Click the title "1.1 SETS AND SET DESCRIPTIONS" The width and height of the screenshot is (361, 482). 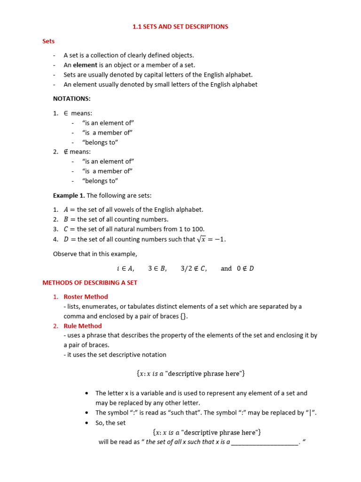[x=180, y=27]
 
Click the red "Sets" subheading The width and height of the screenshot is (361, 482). [x=48, y=41]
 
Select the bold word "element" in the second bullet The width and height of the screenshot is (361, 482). [x=85, y=65]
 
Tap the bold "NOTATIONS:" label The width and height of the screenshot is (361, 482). [x=71, y=99]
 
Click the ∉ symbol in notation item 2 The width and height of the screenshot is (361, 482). [x=66, y=152]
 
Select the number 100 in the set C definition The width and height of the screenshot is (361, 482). [x=198, y=229]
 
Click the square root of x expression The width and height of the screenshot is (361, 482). [x=202, y=239]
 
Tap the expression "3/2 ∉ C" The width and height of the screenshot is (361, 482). [x=194, y=268]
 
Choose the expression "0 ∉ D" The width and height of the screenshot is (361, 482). [x=245, y=268]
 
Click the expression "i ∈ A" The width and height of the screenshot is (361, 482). [x=126, y=268]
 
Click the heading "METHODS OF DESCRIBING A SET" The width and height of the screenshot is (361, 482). [x=90, y=283]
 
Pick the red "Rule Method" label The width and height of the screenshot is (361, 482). [x=83, y=326]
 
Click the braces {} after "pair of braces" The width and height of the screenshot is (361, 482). [x=183, y=316]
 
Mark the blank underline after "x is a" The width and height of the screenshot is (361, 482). [x=264, y=442]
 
